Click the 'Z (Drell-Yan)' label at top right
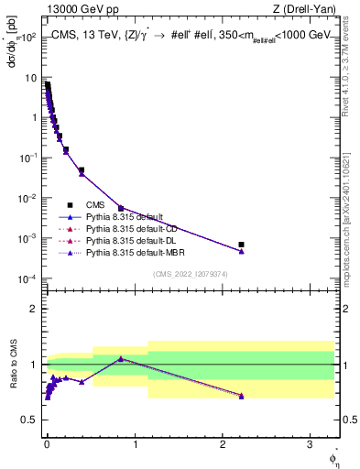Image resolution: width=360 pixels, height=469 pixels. pos(301,10)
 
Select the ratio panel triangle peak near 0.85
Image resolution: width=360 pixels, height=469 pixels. pos(121,358)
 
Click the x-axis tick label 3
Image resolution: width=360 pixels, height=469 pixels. pos(309,442)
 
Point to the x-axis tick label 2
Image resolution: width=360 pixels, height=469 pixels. pos(222,442)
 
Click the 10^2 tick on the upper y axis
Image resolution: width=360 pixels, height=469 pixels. pos(30,37)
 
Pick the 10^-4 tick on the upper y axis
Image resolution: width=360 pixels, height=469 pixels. pos(30,278)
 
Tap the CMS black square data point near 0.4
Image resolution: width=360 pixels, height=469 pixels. pos(82,170)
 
